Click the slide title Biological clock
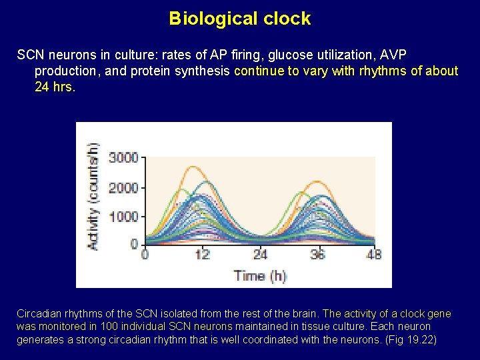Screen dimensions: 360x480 tap(240, 18)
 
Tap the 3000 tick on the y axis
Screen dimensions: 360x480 tap(123, 158)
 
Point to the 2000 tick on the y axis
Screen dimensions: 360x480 tap(123, 187)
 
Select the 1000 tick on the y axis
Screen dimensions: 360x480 tap(123, 217)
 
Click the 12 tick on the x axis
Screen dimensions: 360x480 tap(203, 254)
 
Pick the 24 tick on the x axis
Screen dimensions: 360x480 tap(260, 254)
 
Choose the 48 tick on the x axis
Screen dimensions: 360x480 tap(373, 254)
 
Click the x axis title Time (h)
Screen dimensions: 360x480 tap(259, 275)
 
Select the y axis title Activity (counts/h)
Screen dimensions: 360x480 tap(94, 197)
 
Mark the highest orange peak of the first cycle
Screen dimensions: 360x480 tap(193, 167)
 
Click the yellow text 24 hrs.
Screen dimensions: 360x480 tap(55, 87)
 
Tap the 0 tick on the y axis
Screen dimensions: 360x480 tap(134, 244)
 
